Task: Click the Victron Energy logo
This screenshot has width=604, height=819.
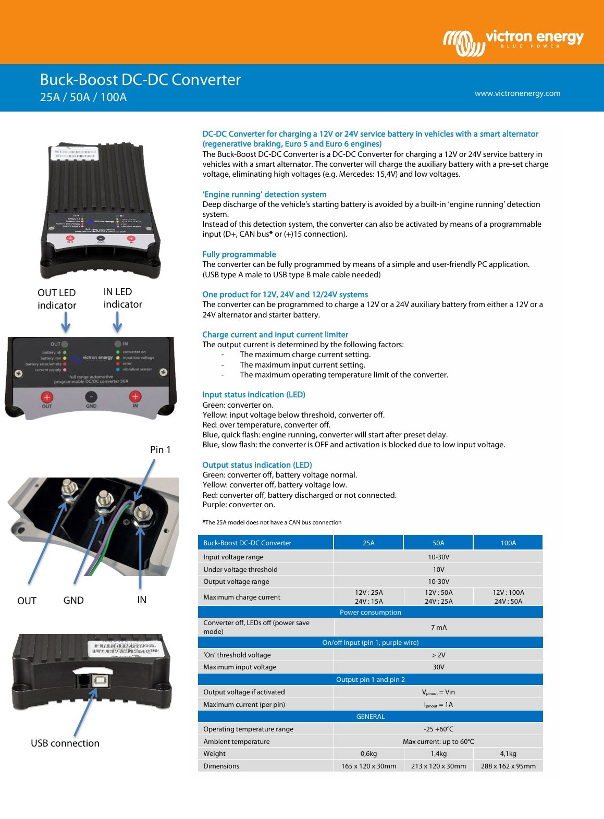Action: [513, 42]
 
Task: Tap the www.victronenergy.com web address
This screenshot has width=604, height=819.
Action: [517, 93]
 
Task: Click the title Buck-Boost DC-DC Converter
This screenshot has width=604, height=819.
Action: [140, 80]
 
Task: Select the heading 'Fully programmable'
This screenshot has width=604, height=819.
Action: [239, 254]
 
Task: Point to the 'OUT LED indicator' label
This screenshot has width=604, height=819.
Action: [57, 299]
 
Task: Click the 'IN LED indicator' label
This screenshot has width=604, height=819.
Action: [122, 298]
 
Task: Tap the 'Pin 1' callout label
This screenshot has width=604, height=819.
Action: [160, 449]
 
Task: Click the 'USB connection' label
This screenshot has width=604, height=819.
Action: [65, 743]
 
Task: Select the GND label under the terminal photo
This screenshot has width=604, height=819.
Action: [73, 600]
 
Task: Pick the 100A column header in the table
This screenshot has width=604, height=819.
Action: [508, 543]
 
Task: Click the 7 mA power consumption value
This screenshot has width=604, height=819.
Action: [438, 627]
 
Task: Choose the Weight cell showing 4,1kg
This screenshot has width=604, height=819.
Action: [508, 753]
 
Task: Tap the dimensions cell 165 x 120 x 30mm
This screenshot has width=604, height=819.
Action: [368, 766]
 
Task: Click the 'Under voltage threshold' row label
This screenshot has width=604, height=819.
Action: [240, 569]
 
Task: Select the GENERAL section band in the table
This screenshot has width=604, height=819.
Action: [370, 716]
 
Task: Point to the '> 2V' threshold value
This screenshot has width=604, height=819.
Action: [438, 655]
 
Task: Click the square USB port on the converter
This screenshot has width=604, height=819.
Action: [98, 680]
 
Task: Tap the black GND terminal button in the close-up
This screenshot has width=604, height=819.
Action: [91, 397]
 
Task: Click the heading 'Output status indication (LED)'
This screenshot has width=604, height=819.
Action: [257, 465]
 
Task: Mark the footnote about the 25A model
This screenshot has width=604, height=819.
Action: [272, 522]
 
